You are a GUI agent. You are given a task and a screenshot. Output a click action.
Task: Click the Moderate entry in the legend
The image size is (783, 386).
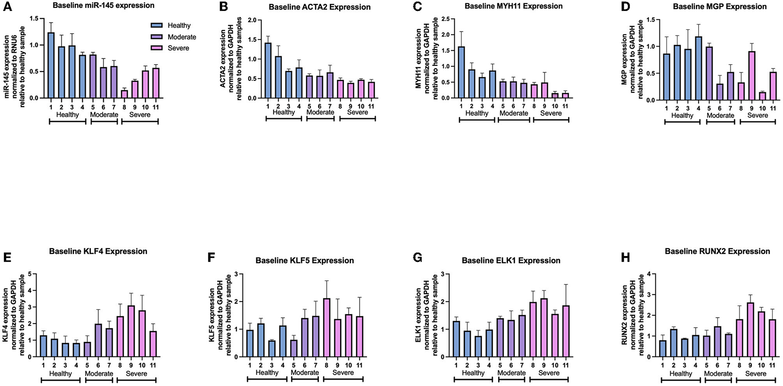pyautogui.click(x=181, y=37)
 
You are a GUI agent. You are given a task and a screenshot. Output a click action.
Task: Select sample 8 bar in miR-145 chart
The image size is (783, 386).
pyautogui.click(x=125, y=94)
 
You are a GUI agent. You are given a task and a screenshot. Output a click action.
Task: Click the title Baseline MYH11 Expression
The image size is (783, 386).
pyautogui.click(x=513, y=6)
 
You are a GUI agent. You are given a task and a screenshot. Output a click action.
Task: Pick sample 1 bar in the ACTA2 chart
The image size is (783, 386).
pyautogui.click(x=268, y=71)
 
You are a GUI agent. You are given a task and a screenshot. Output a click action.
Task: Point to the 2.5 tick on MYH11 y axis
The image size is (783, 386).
pyautogui.click(x=450, y=19)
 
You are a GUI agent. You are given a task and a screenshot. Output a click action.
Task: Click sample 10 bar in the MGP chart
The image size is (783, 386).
pyautogui.click(x=762, y=96)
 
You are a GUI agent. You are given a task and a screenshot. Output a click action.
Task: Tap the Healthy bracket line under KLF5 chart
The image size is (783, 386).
pyautogui.click(x=267, y=379)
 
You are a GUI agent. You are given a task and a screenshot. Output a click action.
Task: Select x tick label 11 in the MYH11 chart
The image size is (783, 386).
pyautogui.click(x=566, y=106)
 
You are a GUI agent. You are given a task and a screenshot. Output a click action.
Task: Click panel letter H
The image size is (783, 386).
pyautogui.click(x=625, y=258)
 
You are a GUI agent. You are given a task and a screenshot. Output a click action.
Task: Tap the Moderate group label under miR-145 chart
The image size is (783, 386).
pyautogui.click(x=104, y=115)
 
